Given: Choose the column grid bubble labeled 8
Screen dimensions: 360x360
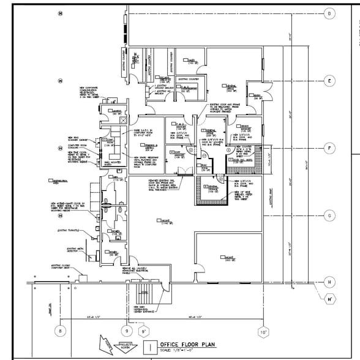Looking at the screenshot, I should pos(59,331).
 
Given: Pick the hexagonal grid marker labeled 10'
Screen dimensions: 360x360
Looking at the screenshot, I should pos(263,332).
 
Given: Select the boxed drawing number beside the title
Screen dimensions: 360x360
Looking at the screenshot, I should pos(148,347).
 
